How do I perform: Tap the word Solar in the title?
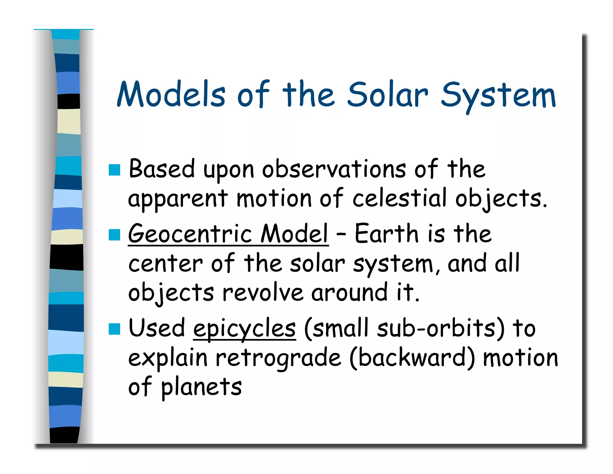click(x=388, y=94)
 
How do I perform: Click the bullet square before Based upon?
click(x=114, y=170)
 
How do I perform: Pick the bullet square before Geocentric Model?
click(x=114, y=235)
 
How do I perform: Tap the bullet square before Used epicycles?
click(x=114, y=329)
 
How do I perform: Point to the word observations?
click(x=334, y=170)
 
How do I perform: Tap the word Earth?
click(x=386, y=234)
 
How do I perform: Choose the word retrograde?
click(x=278, y=358)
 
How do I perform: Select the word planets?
click(x=201, y=387)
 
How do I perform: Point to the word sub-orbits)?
click(x=441, y=328)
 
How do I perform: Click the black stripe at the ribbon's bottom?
click(x=64, y=435)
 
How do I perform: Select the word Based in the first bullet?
click(x=162, y=169)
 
